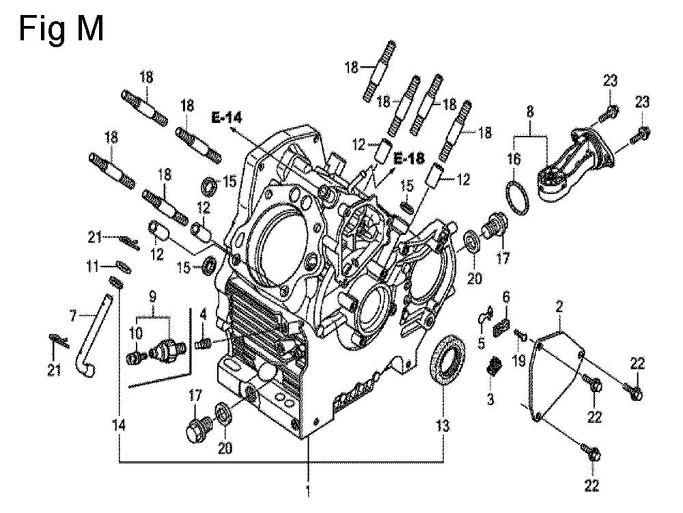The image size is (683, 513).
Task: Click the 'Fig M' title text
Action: coord(61,29)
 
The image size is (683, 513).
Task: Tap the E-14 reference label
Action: coord(227,117)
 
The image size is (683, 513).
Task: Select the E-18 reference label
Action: coord(409,158)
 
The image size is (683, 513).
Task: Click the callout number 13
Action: coord(443,426)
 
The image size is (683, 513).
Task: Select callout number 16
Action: coord(514,159)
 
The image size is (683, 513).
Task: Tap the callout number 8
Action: coord(530,112)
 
